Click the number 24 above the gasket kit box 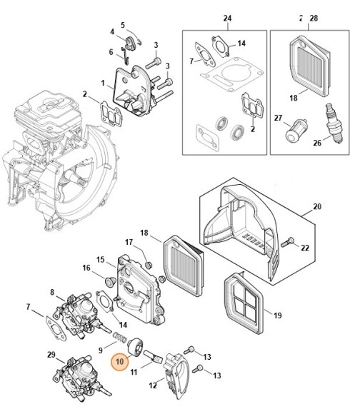228,18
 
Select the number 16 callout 86,268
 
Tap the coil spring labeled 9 121,335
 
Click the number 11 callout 134,372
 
